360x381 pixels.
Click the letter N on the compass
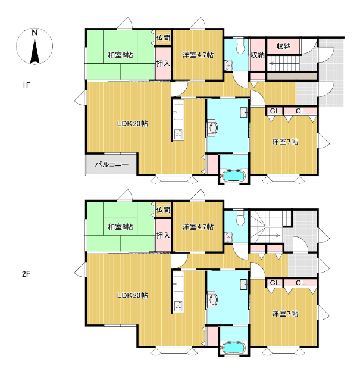(x=35, y=33)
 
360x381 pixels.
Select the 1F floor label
(x=26, y=85)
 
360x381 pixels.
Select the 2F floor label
(x=26, y=274)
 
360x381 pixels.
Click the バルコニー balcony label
(x=112, y=164)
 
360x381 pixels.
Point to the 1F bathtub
(x=233, y=176)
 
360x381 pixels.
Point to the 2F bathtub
(x=233, y=348)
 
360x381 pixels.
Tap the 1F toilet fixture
(x=240, y=46)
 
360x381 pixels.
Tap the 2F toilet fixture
(x=240, y=217)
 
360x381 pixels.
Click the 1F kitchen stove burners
(x=179, y=135)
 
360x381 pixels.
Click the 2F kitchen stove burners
(x=179, y=306)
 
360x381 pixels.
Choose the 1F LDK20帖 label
(x=132, y=124)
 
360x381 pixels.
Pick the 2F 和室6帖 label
(x=120, y=227)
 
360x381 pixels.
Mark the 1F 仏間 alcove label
(x=163, y=38)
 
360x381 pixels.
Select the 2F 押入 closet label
(x=163, y=235)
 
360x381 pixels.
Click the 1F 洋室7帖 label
(x=285, y=142)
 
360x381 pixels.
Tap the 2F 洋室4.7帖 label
(x=198, y=227)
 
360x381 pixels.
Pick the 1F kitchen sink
(x=179, y=113)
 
